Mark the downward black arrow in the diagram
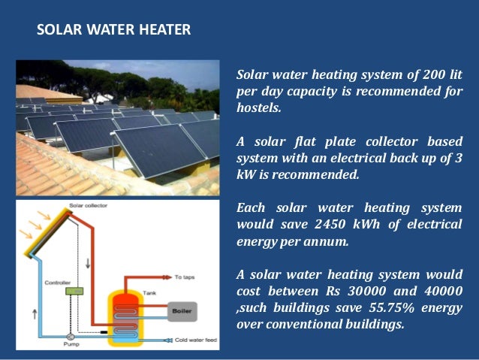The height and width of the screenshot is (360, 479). [87, 262]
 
